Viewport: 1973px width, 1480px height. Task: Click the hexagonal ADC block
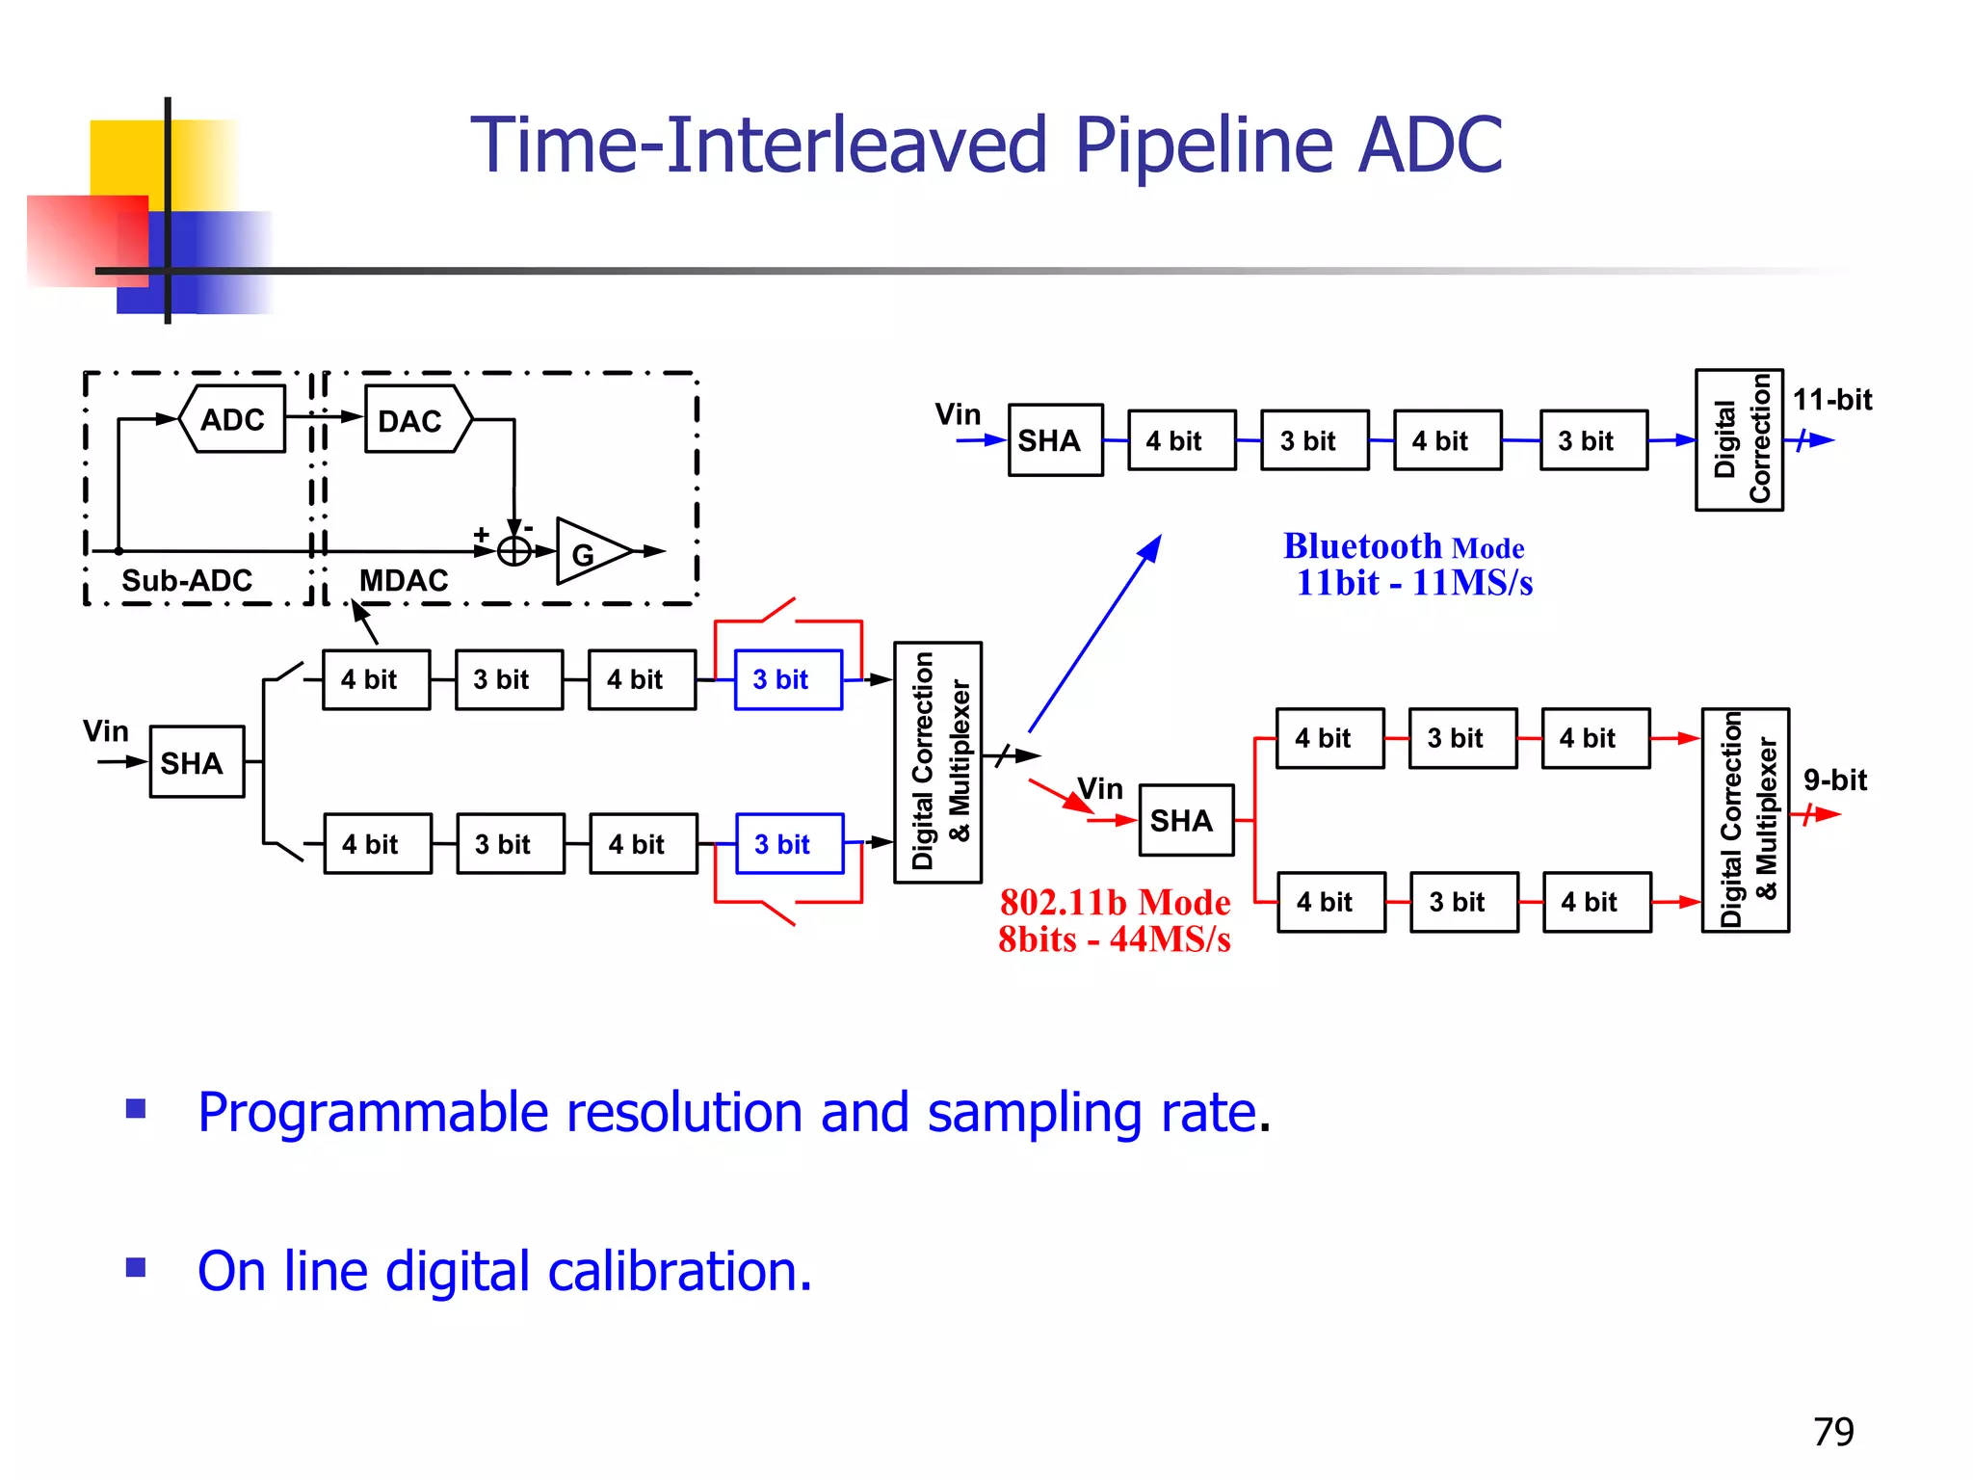233,419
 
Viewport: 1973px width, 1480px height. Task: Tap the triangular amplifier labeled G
588,552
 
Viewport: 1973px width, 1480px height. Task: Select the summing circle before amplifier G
514,551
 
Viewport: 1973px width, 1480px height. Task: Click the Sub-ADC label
187,580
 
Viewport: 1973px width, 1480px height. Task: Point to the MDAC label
404,580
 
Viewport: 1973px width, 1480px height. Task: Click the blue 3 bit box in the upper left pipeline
788,679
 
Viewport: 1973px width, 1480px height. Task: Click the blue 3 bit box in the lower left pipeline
789,844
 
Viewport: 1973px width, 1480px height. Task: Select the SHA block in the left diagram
197,762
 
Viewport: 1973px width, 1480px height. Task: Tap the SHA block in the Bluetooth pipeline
1055,440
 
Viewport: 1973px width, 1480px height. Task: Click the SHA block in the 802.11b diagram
1186,820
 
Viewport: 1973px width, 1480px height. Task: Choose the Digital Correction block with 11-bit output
1739,440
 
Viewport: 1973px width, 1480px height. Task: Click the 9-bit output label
1834,780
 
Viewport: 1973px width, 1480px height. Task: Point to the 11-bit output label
1831,399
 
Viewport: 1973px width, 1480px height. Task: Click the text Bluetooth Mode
1404,546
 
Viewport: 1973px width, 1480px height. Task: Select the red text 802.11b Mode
1115,903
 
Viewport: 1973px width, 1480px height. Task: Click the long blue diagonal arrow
1095,634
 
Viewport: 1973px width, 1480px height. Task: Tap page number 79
1832,1432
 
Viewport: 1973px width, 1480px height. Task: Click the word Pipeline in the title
1204,145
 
